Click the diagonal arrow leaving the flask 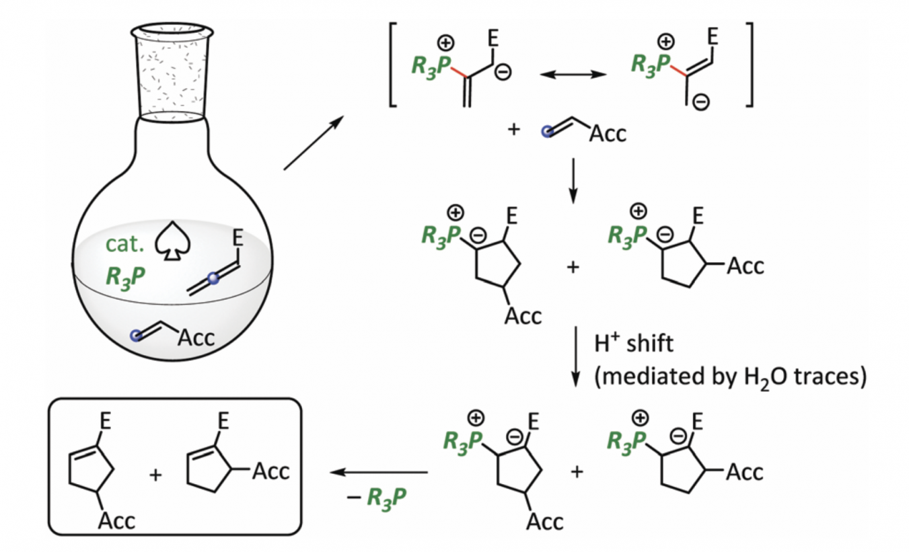[x=313, y=143]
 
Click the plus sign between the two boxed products [x=155, y=474]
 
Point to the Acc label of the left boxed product [x=116, y=518]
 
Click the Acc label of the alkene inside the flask [x=195, y=336]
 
